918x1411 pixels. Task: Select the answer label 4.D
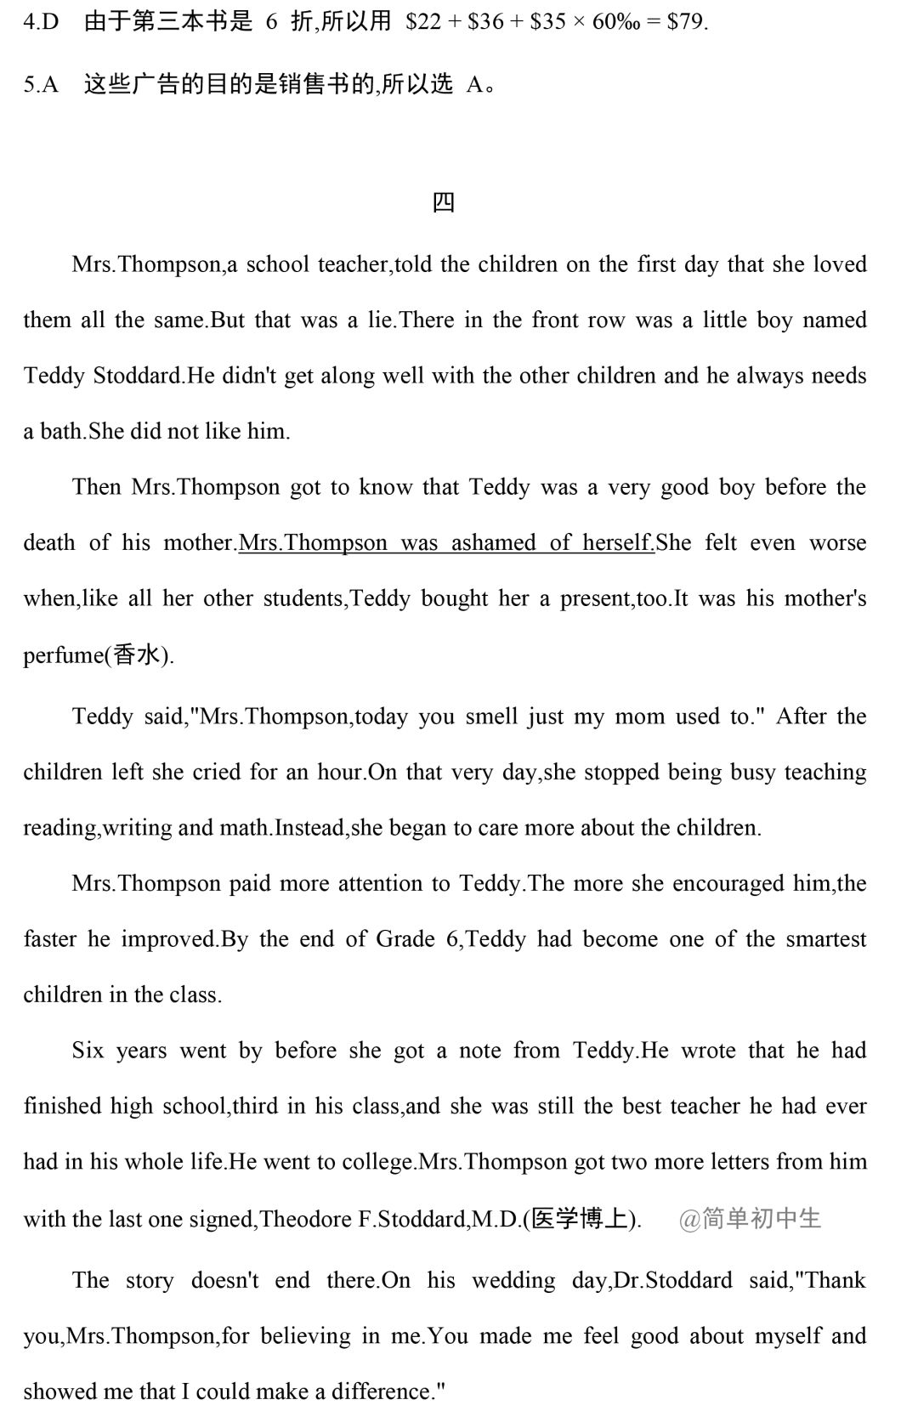41,21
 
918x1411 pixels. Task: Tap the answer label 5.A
41,84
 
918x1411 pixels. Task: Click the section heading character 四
444,202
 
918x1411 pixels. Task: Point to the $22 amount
423,21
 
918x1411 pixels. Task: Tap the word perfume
61,654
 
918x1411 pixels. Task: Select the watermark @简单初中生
750,1219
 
